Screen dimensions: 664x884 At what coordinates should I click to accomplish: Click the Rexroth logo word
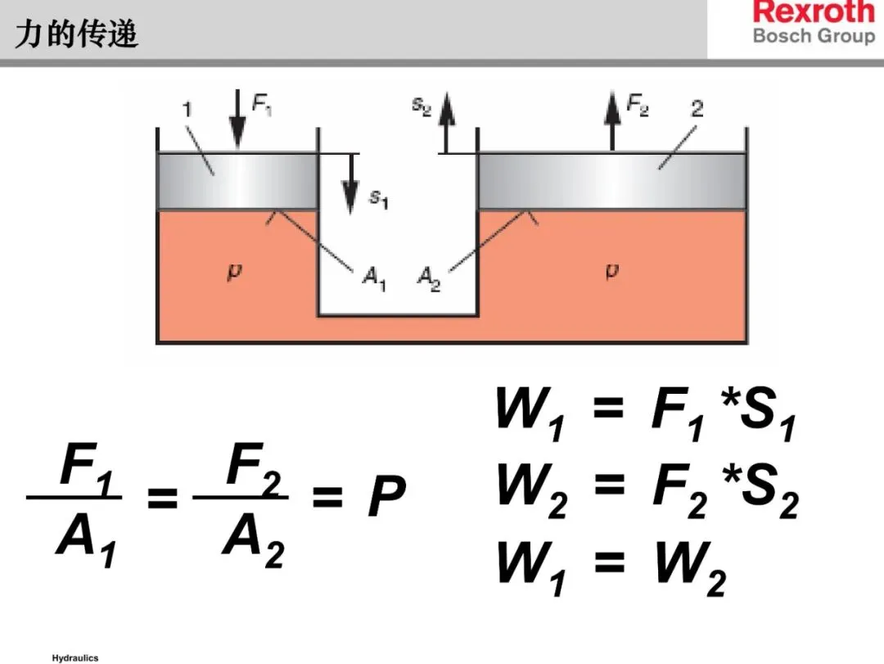tap(813, 13)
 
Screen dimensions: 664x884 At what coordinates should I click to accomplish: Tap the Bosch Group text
tap(813, 36)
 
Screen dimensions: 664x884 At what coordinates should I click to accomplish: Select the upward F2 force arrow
tap(611, 120)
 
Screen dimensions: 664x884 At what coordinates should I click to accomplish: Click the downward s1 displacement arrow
tap(350, 184)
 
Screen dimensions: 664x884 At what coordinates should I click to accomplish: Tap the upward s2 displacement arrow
tap(446, 123)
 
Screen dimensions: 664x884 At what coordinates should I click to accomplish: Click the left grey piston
tap(237, 181)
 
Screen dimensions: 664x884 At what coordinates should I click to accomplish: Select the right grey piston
tap(611, 181)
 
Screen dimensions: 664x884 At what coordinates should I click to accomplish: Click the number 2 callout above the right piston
tap(697, 108)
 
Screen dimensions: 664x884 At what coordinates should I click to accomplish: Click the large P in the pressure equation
tap(386, 497)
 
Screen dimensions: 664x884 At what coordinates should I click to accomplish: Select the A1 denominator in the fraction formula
tap(86, 541)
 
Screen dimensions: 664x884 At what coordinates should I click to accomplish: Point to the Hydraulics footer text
tap(74, 657)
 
